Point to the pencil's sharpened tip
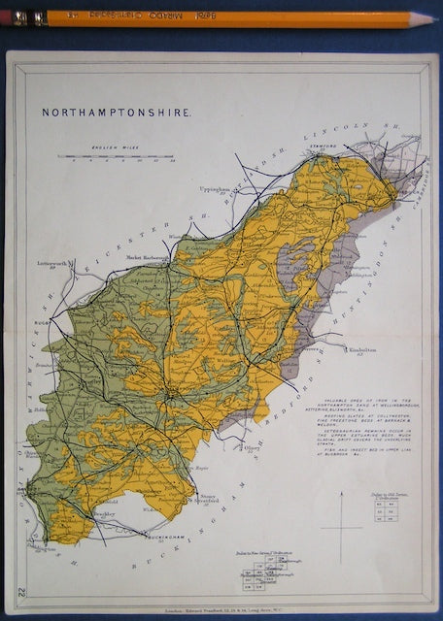point(435,18)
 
